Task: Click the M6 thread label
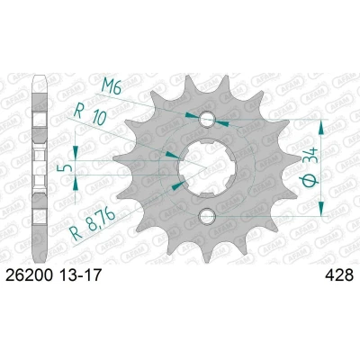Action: tap(112, 85)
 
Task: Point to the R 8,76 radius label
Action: tap(92, 224)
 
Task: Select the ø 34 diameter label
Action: tap(310, 167)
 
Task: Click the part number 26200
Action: tap(29, 275)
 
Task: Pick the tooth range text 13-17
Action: tap(80, 275)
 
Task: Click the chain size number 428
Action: tap(339, 275)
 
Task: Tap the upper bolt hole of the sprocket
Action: tap(207, 119)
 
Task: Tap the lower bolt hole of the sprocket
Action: tap(207, 215)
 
